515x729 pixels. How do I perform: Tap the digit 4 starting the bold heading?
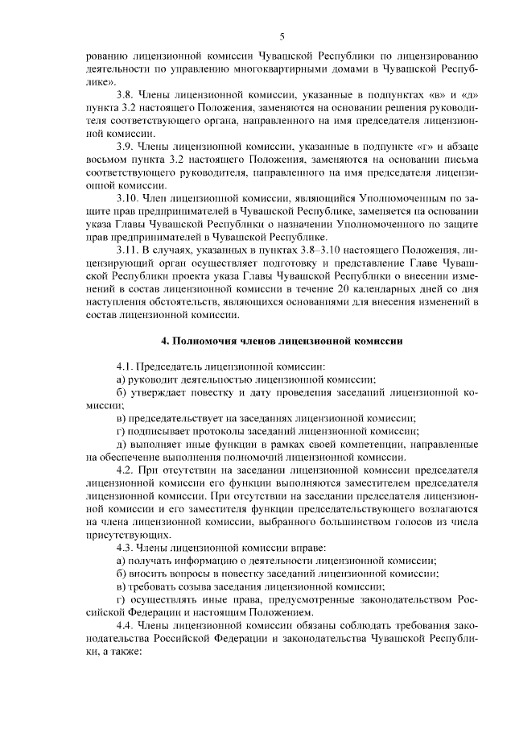click(x=164, y=341)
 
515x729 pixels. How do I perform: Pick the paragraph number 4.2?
click(x=125, y=470)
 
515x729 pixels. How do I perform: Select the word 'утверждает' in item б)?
click(x=157, y=393)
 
